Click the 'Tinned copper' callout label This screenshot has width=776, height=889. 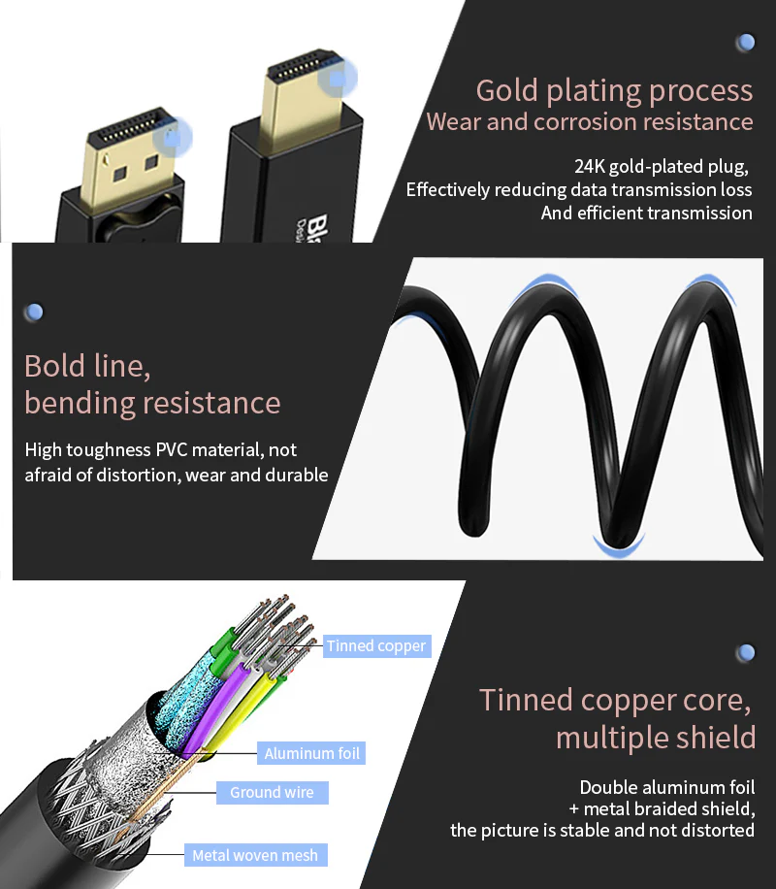pyautogui.click(x=376, y=645)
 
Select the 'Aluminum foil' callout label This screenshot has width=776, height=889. pyautogui.click(x=313, y=752)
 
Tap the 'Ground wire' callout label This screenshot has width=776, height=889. pyautogui.click(x=272, y=792)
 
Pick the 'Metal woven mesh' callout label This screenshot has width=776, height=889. pyautogui.click(x=255, y=855)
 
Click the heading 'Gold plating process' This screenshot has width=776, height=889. pyautogui.click(x=614, y=91)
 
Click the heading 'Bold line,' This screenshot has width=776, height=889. pyautogui.click(x=87, y=367)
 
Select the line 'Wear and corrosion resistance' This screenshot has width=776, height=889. pyautogui.click(x=590, y=122)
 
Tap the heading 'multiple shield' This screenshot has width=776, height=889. pyautogui.click(x=656, y=737)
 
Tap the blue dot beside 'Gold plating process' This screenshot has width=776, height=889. pyautogui.click(x=745, y=42)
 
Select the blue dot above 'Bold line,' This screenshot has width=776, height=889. pyautogui.click(x=34, y=313)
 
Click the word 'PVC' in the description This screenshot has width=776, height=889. pyautogui.click(x=178, y=450)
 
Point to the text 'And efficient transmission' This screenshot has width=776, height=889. pyautogui.click(x=647, y=213)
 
